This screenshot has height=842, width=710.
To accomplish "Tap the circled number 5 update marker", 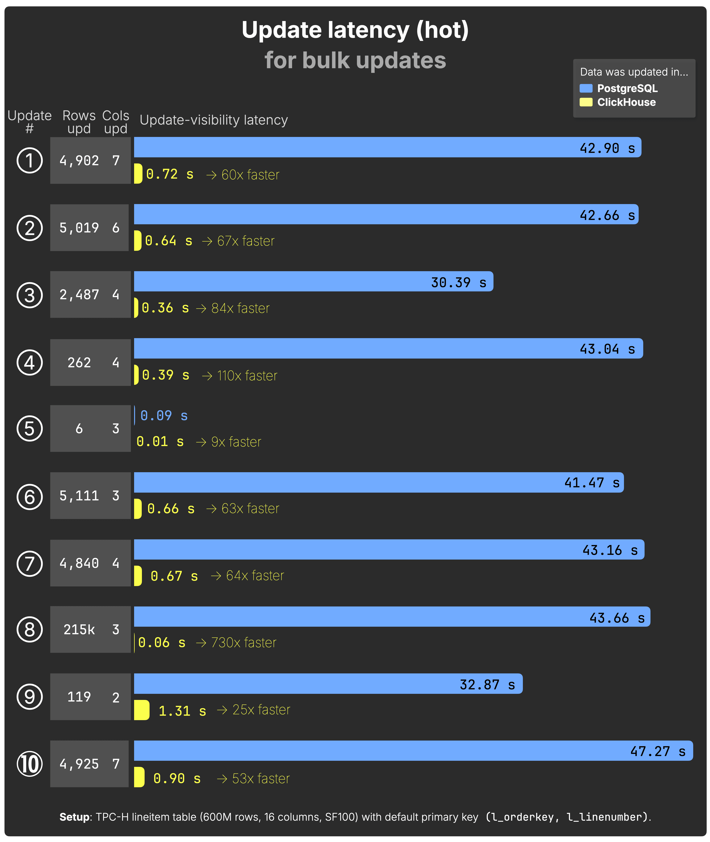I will [30, 429].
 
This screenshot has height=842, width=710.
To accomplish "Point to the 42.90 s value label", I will [607, 148].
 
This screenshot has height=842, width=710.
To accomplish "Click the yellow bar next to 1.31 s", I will [142, 710].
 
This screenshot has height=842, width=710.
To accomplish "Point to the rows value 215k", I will [79, 630].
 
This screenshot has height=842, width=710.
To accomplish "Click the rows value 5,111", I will [79, 496].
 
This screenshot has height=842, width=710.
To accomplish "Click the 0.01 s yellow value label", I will [160, 442].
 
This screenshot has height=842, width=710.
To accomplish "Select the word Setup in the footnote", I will [75, 817].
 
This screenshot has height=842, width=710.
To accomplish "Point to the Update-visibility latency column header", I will [214, 120].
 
